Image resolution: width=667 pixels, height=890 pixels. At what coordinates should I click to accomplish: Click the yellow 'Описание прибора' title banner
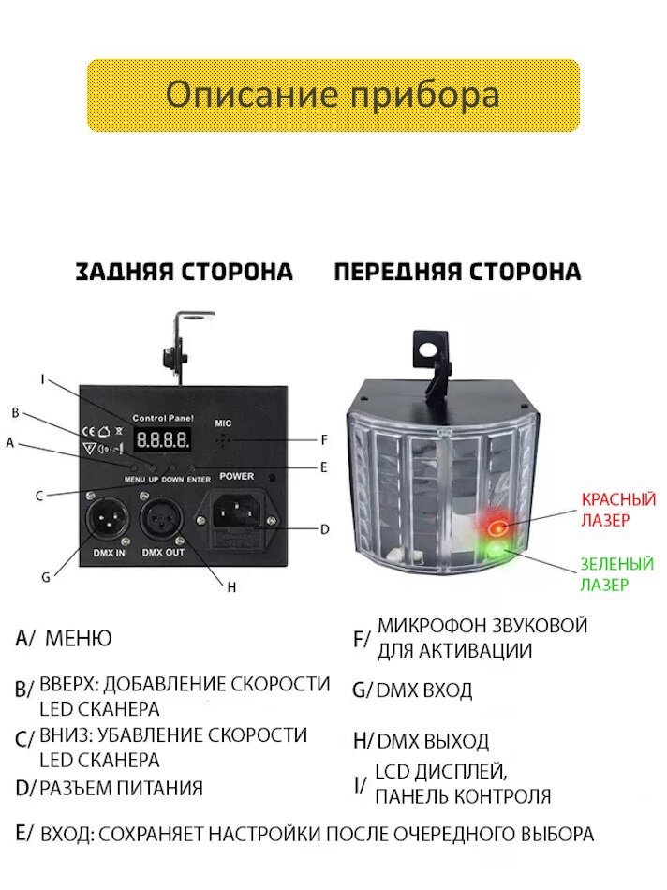pyautogui.click(x=333, y=96)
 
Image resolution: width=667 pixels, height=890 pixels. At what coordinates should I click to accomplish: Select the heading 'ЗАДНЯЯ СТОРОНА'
pyautogui.click(x=185, y=272)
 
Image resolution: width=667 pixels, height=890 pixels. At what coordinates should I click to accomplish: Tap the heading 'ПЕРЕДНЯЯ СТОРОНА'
pyautogui.click(x=457, y=272)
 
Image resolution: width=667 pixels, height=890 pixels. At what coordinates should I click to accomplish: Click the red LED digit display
pyautogui.click(x=163, y=439)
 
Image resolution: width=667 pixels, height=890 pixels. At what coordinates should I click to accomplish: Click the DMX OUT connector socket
pyautogui.click(x=163, y=517)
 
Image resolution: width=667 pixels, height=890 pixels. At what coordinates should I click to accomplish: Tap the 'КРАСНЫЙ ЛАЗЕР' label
pyautogui.click(x=618, y=509)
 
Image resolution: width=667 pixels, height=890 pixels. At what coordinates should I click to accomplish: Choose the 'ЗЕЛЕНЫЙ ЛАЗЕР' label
pyautogui.click(x=616, y=573)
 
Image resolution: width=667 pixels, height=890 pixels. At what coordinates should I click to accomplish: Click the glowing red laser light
pyautogui.click(x=497, y=527)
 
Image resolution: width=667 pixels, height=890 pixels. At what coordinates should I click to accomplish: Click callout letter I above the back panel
pyautogui.click(x=42, y=379)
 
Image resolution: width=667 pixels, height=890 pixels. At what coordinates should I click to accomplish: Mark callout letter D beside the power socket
pyautogui.click(x=324, y=529)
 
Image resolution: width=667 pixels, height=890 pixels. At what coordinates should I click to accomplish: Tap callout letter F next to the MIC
pyautogui.click(x=323, y=439)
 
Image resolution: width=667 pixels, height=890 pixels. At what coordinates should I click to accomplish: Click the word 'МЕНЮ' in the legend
pyautogui.click(x=78, y=639)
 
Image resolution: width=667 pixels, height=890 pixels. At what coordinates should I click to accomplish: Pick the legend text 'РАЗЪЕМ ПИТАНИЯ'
pyautogui.click(x=122, y=788)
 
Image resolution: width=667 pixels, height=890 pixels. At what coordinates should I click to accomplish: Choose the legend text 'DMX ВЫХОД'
pyautogui.click(x=432, y=741)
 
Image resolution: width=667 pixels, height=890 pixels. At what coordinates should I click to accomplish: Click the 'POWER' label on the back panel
pyautogui.click(x=237, y=475)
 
